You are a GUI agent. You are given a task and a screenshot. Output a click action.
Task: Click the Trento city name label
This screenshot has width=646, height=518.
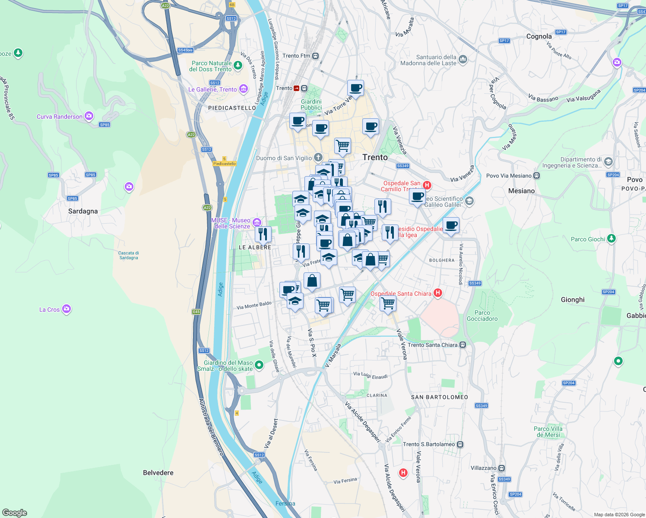coord(375,158)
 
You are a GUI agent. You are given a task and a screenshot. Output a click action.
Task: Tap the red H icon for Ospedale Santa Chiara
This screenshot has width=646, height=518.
coord(437,293)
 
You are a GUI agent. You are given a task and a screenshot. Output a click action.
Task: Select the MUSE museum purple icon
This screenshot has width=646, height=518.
coord(257,222)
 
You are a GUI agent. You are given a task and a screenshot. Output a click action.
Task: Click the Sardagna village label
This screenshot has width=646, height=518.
coord(83,211)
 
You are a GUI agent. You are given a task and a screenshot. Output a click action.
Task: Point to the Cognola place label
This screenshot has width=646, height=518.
coord(539,36)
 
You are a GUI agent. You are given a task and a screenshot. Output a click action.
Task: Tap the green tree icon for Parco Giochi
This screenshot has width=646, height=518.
coord(611,238)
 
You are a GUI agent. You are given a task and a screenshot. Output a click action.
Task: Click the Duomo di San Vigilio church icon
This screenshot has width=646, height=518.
coord(318,157)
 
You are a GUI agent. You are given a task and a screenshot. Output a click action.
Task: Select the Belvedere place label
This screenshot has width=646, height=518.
coord(158,473)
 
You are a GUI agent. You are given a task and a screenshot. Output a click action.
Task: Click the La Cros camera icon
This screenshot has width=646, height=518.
coord(66,309)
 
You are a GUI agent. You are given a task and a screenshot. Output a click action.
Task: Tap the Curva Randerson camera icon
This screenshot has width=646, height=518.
coord(89,116)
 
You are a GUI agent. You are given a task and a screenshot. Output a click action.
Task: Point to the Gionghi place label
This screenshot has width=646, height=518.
coord(573,300)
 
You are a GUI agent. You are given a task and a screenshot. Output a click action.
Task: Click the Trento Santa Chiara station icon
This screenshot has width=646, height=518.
coord(462,344)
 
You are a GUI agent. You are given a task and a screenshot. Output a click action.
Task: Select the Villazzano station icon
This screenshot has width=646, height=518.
coord(501,468)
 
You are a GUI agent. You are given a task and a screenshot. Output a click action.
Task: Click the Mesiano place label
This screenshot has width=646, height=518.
coord(521,191)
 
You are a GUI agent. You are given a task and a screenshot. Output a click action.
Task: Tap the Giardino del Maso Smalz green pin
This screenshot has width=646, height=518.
coord(259,365)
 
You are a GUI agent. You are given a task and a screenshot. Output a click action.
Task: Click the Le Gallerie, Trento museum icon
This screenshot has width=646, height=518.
coord(244,89)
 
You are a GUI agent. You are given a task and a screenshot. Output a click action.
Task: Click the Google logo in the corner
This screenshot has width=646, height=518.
coord(15,513)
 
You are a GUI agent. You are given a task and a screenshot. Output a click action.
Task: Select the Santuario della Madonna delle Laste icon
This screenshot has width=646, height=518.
coord(463,59)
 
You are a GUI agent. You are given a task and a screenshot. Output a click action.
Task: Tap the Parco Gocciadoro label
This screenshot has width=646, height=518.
coord(482,316)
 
